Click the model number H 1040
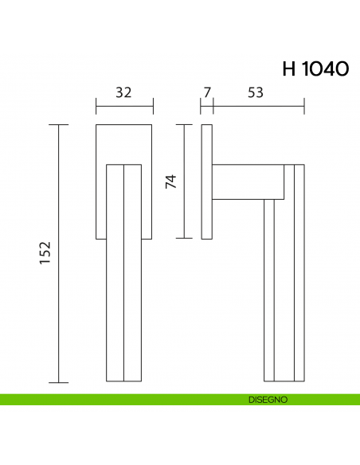[315, 68]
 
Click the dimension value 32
[123, 92]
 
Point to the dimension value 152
[45, 253]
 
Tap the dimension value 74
[170, 181]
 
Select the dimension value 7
[207, 92]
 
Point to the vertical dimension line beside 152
[58, 253]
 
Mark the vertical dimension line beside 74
[185, 181]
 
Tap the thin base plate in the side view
[207, 181]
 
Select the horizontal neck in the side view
[248, 182]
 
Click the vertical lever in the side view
[284, 271]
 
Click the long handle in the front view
[123, 271]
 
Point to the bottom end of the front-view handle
[123, 380]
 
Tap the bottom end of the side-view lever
[284, 380]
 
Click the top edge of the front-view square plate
[123, 125]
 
